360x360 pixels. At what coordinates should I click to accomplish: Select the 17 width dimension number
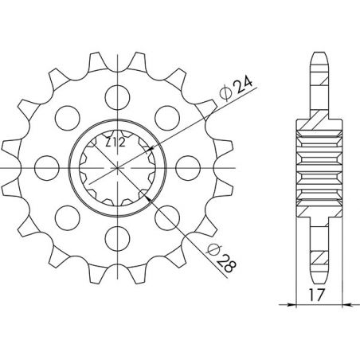pyautogui.click(x=317, y=293)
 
